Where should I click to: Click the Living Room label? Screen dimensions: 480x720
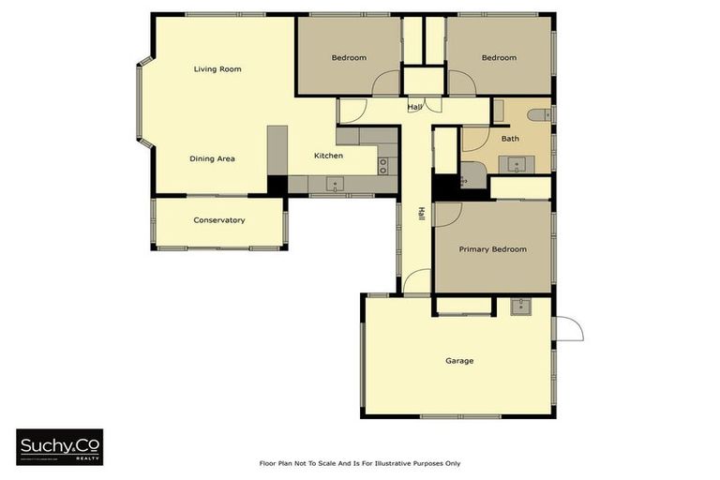coord(217,69)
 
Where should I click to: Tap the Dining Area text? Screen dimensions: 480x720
coord(212,159)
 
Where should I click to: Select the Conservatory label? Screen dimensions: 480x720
coord(219,220)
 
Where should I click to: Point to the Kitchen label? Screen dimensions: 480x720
coord(328,156)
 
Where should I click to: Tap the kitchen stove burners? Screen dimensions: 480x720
coord(382,166)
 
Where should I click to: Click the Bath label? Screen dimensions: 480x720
coord(510,139)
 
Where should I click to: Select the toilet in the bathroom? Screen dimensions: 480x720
coord(537,115)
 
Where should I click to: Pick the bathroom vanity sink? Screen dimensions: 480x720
coord(517,165)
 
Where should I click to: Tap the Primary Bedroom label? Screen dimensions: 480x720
coord(492,249)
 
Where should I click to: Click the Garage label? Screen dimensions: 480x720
coord(459,361)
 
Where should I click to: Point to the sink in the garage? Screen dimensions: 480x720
coord(518,306)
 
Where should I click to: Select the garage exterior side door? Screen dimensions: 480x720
coord(568,328)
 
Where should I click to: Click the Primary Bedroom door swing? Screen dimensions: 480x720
coord(444,214)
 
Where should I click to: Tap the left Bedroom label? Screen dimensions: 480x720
coord(349,58)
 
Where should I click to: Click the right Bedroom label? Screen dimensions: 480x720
coord(499,58)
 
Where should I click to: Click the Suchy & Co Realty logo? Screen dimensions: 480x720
coord(60,447)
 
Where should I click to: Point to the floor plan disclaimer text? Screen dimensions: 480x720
coord(360,463)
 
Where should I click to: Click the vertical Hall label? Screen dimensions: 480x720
coord(422,216)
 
